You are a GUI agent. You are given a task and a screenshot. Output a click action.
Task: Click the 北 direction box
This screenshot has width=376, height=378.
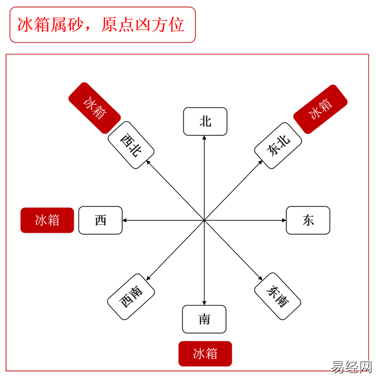[205, 122]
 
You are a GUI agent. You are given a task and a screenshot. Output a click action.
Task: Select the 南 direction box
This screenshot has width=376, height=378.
[204, 319]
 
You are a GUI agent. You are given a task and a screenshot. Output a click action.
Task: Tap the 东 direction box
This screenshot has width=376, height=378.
[308, 220]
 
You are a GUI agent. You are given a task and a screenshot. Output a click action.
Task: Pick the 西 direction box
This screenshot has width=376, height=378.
[100, 220]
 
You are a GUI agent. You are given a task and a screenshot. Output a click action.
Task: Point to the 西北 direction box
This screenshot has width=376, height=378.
[131, 145]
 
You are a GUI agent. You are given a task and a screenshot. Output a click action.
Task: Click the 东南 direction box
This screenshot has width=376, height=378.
[277, 296]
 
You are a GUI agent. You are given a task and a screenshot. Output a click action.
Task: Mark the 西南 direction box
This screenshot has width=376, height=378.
[131, 296]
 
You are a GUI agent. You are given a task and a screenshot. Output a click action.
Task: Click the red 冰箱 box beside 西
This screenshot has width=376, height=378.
[47, 220]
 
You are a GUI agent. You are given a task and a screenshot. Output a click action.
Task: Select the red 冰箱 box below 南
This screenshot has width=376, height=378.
[205, 354]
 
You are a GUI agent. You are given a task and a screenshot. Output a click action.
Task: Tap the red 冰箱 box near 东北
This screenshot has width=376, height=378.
[320, 109]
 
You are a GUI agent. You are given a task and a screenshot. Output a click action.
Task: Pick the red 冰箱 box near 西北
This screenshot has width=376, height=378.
[94, 108]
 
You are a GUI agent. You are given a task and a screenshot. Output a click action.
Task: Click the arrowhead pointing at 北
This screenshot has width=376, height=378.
[204, 138]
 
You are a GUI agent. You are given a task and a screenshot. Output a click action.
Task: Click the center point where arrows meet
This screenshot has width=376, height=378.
[204, 220]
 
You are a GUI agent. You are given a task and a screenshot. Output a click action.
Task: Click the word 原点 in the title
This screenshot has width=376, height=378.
[117, 25]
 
